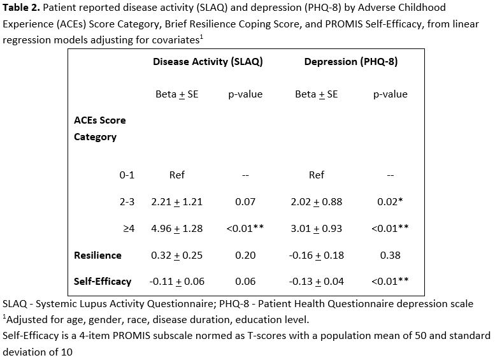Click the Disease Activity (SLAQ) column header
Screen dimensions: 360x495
[208, 62]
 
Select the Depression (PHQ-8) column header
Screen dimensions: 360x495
[351, 62]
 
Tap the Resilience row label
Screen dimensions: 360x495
[97, 255]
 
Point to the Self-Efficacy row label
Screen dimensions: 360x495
[103, 281]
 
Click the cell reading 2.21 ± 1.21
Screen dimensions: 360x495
[176, 202]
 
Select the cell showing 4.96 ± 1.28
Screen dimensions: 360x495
[176, 228]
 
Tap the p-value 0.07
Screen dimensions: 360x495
[245, 202]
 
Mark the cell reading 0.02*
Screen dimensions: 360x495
[390, 202]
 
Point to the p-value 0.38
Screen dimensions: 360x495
[390, 255]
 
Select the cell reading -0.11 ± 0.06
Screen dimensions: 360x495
[176, 281]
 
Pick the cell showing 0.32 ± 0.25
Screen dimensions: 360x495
[176, 255]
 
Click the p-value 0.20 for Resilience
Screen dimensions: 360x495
[245, 255]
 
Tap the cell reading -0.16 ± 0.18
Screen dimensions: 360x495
[317, 255]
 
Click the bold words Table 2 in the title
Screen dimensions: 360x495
[20, 8]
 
